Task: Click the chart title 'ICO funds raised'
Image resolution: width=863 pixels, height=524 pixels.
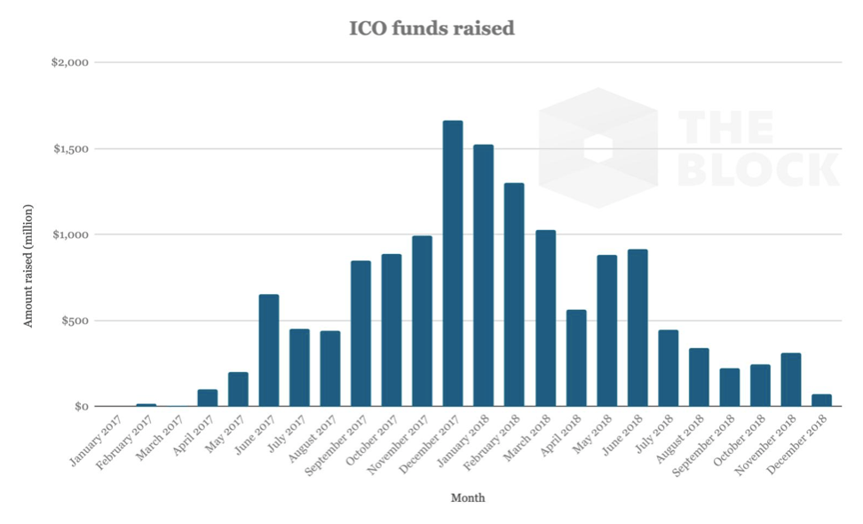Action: click(x=431, y=28)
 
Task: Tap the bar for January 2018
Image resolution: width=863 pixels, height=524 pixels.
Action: click(x=483, y=275)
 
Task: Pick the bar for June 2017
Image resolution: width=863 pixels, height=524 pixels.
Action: click(x=268, y=350)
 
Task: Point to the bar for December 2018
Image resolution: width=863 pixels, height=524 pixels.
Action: click(x=821, y=401)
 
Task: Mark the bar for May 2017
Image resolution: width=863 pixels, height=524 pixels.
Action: click(x=238, y=389)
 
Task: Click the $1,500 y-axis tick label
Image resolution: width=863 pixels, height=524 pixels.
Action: click(x=70, y=148)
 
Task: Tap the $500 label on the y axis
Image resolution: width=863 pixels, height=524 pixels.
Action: click(x=75, y=321)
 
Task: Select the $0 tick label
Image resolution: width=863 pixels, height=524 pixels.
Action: click(x=80, y=406)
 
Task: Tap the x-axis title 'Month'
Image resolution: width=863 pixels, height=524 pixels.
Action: click(x=468, y=498)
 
